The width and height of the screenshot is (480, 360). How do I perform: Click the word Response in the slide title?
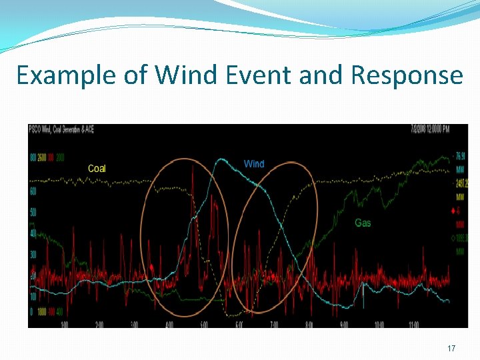pos(407,75)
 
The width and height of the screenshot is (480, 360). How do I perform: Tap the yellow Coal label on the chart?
pos(97,169)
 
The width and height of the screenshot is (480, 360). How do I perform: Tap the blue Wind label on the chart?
pos(254,164)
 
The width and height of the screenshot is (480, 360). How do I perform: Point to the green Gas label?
pos(363,223)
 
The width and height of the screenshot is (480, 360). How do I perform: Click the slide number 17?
pos(451,349)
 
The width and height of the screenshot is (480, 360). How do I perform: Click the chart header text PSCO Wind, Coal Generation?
pos(61,129)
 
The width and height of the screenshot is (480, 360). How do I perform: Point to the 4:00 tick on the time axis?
pos(169,325)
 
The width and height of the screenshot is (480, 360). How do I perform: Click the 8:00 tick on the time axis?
pos(309,325)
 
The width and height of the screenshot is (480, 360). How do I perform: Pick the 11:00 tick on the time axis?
pos(413,325)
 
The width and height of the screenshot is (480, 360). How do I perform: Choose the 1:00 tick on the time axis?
pos(65,325)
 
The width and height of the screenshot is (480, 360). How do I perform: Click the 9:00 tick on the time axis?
pos(343,325)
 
